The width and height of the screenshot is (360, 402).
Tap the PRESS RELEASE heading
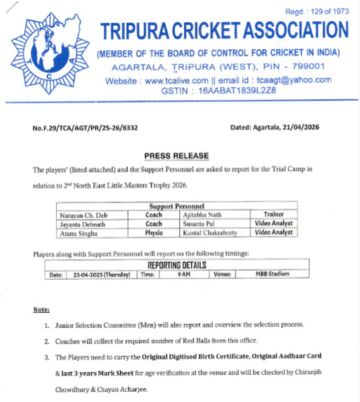pos(176,156)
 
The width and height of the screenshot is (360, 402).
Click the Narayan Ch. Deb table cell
pos(81,215)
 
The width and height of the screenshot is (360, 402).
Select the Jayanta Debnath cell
pos(81,224)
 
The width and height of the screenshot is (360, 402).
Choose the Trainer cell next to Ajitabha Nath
pos(272,215)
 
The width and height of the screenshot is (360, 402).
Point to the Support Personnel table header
pos(177,206)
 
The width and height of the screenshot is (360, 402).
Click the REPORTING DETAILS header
pos(177,265)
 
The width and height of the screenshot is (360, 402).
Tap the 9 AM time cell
pos(185,274)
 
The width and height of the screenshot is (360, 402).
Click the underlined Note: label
pos(41,310)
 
